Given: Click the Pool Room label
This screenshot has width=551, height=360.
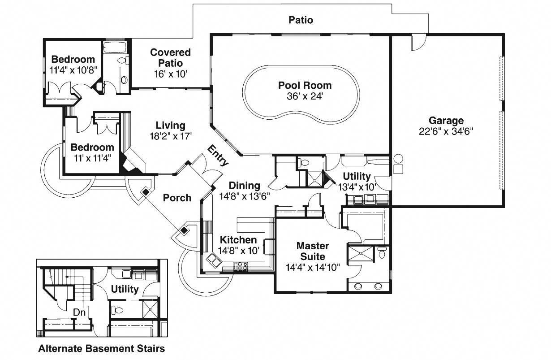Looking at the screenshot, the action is [305, 86].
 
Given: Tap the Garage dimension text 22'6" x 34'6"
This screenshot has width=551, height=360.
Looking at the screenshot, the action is [446, 131].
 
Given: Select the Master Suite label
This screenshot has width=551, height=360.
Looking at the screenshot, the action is [313, 251].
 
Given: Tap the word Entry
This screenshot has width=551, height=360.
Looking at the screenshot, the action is [218, 156].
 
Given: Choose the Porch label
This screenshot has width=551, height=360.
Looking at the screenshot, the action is [177, 198].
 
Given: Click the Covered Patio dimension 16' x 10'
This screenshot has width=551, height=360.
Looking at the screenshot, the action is [171, 74].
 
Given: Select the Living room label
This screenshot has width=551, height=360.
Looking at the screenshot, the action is [171, 126].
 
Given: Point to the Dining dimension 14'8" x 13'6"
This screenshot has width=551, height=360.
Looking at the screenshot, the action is [245, 196].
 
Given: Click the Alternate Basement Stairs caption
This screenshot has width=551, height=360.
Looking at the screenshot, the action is [102, 348].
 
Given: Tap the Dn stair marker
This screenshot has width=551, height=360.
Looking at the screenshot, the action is [79, 312].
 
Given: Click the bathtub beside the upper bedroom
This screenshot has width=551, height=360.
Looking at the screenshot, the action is [115, 47].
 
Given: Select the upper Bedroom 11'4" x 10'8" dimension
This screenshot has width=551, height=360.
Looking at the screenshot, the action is [73, 70].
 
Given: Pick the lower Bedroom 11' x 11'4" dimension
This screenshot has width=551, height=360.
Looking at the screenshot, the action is [92, 158].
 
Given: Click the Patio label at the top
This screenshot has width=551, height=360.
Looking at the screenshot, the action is [301, 20].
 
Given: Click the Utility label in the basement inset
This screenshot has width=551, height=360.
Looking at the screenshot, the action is [125, 289].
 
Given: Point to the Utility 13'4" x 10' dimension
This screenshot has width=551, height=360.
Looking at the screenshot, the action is [357, 187].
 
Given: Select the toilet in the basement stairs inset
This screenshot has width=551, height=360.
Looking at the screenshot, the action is [117, 310].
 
